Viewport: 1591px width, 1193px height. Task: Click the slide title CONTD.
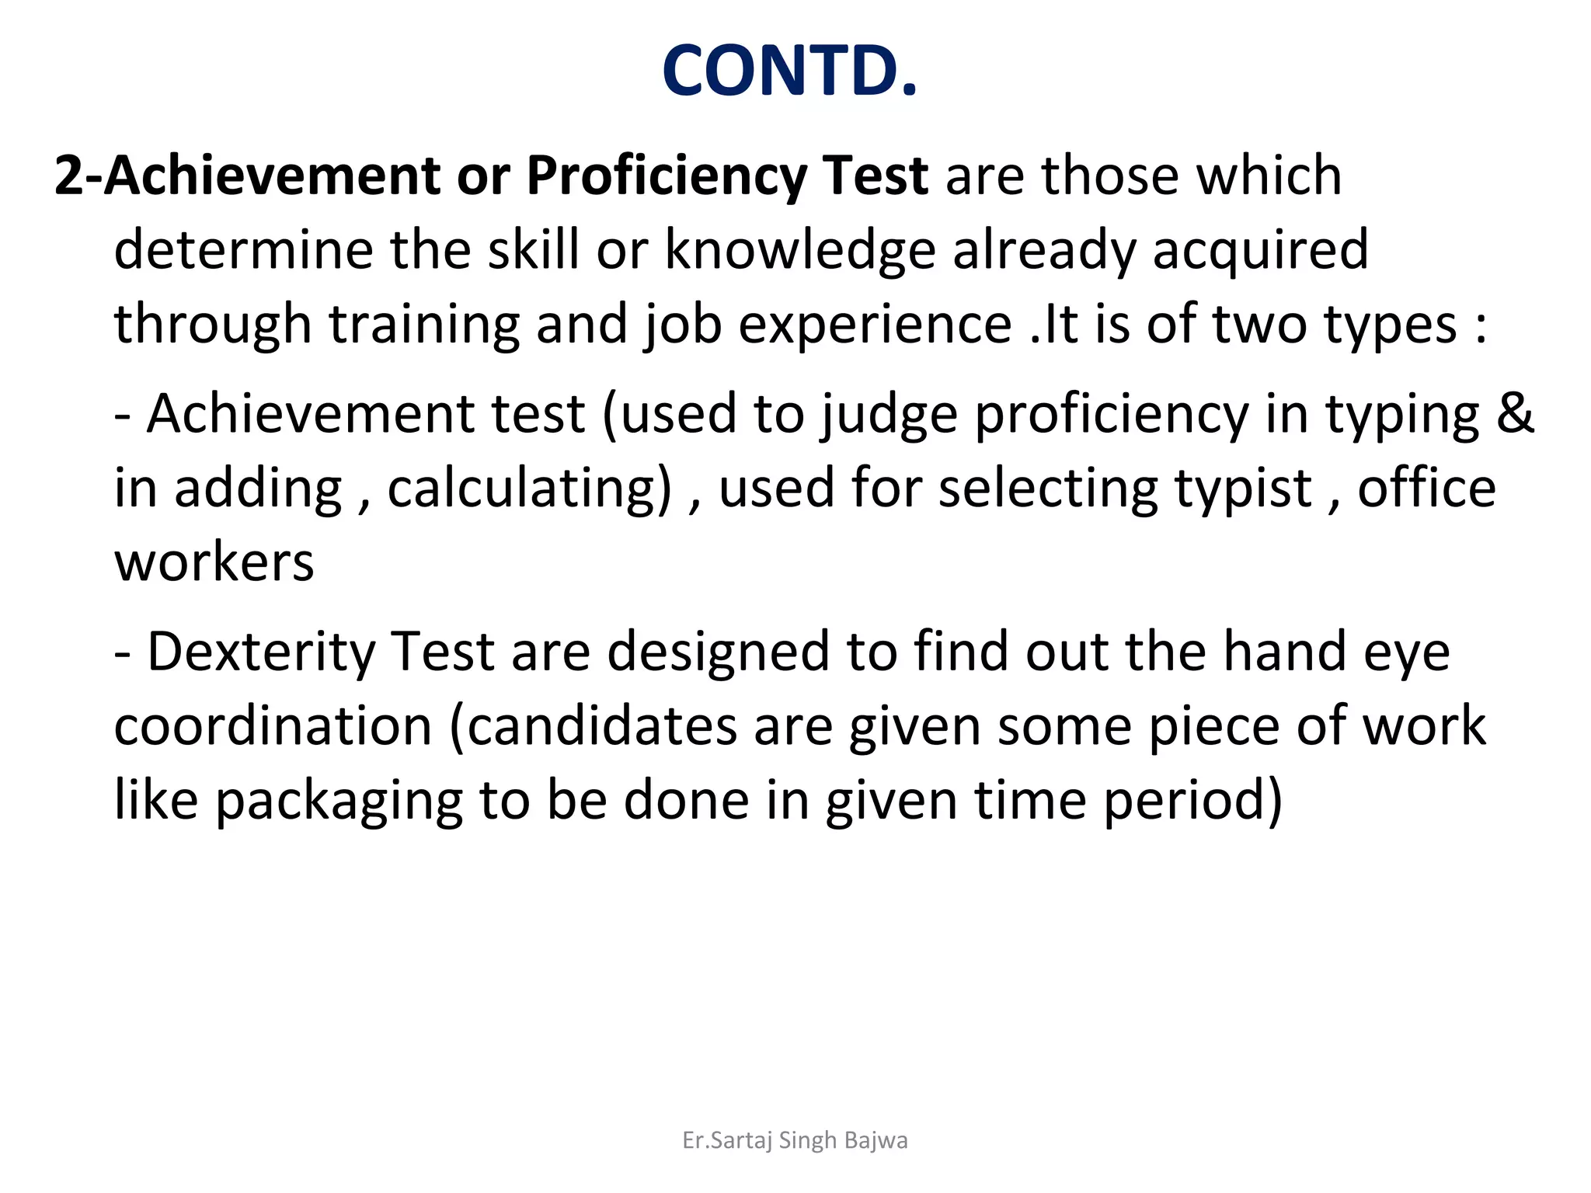[790, 71]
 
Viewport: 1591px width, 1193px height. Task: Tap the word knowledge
[800, 250]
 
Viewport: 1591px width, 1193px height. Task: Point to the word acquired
[1260, 252]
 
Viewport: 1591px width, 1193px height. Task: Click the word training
[423, 325]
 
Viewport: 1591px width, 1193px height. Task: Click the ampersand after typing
[1515, 412]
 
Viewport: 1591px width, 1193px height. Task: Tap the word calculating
[529, 489]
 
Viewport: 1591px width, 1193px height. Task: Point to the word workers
[214, 562]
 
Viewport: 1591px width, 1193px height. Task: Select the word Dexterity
[261, 652]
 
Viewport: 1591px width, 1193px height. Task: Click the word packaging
[339, 802]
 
